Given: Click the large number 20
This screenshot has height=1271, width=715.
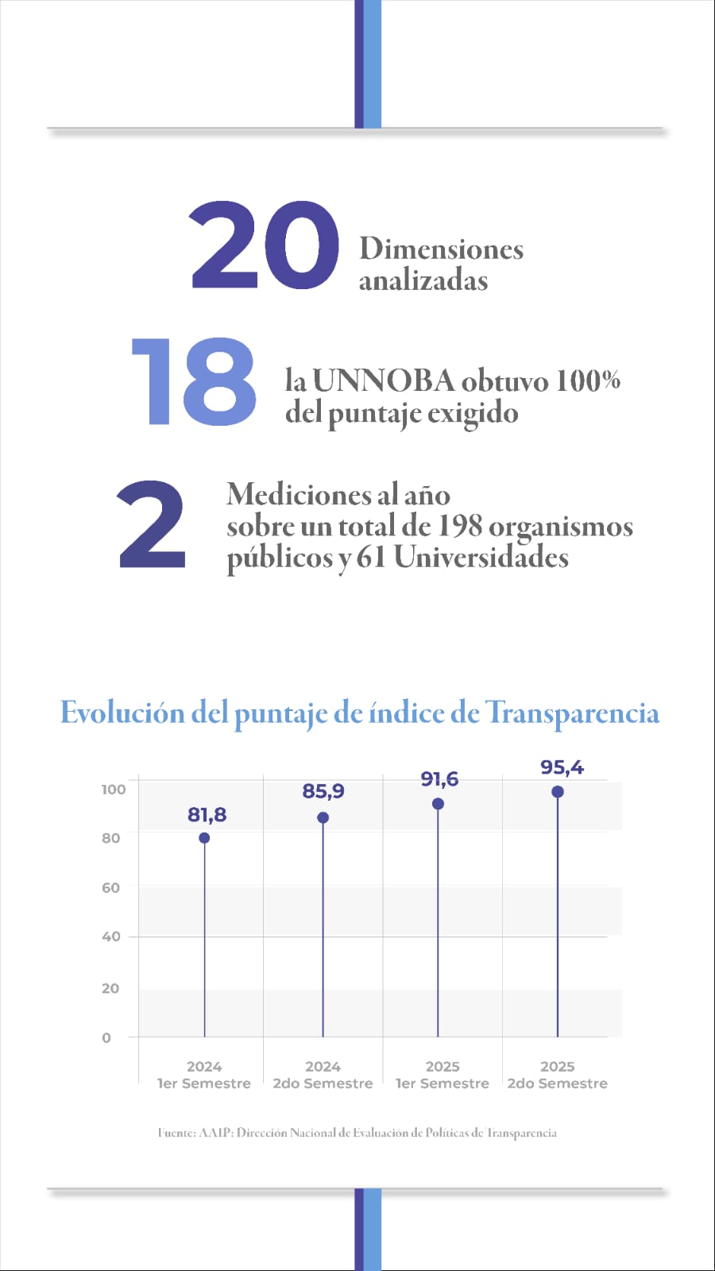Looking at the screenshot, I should point(265,245).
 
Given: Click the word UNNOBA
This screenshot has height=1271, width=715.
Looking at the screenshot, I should point(383,381).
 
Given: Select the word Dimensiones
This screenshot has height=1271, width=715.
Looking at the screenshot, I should point(441,249).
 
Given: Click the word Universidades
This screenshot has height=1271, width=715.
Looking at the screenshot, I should point(481,557).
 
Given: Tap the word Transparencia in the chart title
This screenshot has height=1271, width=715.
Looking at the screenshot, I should point(572,713).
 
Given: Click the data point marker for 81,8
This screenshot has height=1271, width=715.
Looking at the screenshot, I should point(204,838).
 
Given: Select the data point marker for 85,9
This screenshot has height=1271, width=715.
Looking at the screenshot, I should point(323,817).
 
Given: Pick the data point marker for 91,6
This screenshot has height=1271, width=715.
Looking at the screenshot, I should point(438,804).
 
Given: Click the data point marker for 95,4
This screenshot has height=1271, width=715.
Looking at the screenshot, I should point(558,792).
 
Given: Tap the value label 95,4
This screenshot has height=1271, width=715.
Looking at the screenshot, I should point(562,767).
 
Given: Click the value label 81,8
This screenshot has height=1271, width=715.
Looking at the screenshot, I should point(207,814).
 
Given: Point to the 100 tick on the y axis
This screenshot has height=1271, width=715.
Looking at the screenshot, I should point(114,789).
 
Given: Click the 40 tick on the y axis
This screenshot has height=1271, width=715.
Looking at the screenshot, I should point(111,937).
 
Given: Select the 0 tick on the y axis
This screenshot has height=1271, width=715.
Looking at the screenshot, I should point(106,1037).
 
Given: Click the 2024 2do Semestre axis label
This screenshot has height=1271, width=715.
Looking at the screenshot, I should point(323,1075).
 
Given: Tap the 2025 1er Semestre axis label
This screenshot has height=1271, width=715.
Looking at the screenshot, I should point(443,1075).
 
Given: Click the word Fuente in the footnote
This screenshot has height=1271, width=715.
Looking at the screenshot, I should point(176,1133).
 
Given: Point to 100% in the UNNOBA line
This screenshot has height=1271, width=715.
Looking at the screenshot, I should point(587,381).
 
